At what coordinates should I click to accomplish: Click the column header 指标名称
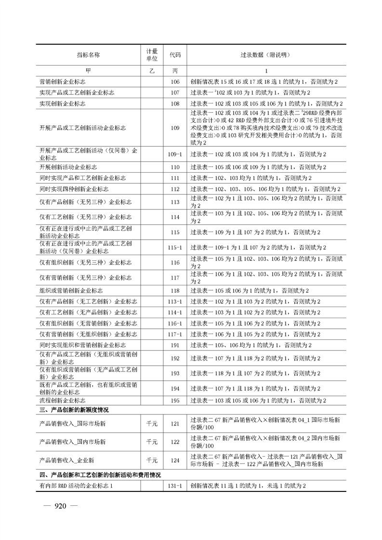[88, 55]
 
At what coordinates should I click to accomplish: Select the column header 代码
[175, 55]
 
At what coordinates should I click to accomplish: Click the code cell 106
[175, 82]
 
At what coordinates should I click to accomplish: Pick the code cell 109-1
[175, 154]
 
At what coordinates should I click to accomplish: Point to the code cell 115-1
[175, 247]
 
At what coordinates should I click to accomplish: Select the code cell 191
[175, 345]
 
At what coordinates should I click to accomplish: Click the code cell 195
[175, 400]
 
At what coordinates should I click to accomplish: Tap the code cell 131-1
[175, 486]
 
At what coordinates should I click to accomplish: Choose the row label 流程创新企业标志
[63, 400]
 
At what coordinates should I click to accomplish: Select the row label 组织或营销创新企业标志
[71, 291]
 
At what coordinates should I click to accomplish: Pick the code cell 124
[175, 460]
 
